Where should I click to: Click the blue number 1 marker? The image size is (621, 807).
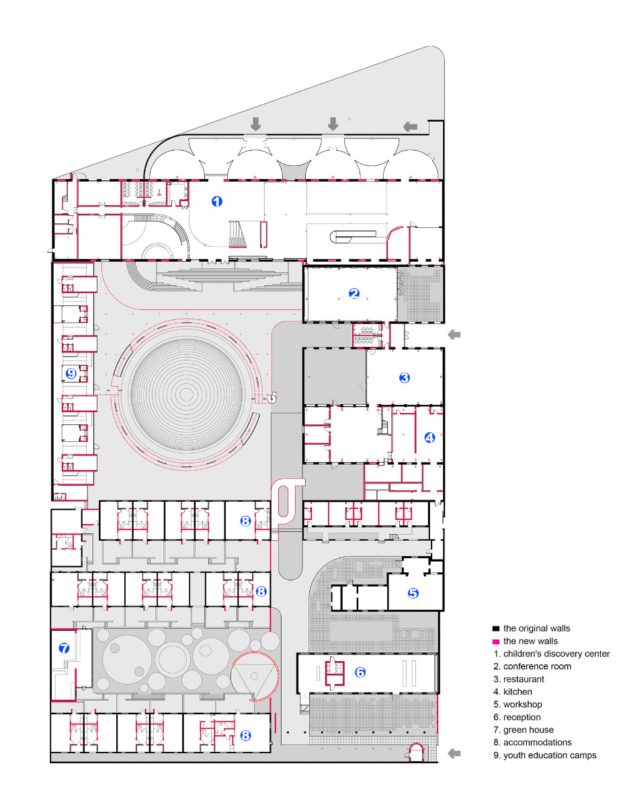pos(216,200)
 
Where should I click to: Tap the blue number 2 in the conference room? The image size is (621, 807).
pos(354,293)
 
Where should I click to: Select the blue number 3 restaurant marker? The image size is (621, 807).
pos(404,378)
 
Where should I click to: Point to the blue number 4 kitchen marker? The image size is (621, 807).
pos(429,437)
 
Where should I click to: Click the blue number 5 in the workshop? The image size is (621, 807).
pos(413,593)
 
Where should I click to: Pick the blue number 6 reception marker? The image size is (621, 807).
pos(360,672)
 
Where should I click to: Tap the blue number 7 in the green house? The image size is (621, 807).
pos(65,649)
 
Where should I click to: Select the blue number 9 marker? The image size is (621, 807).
pos(71,374)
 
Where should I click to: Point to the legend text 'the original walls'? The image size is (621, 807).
pos(536,629)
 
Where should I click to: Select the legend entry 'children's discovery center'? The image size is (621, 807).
pos(556,654)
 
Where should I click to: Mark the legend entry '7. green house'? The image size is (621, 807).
pos(524,730)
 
